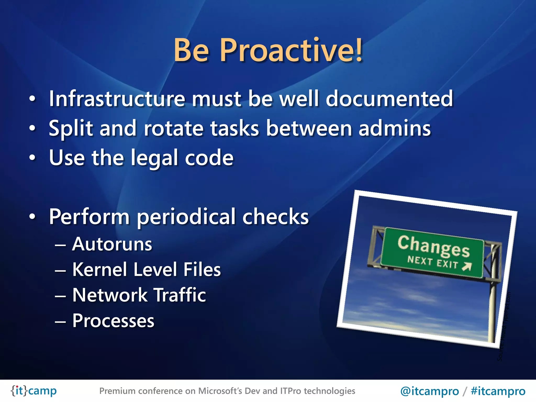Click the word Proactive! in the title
291,50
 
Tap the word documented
389,99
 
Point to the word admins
394,128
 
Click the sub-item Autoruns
112,244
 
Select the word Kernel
100,270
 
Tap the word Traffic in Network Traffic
180,295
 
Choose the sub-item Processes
113,321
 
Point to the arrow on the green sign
467,266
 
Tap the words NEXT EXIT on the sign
432,262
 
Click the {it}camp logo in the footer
33,391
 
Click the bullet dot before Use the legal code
32,158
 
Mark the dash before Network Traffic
60,296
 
